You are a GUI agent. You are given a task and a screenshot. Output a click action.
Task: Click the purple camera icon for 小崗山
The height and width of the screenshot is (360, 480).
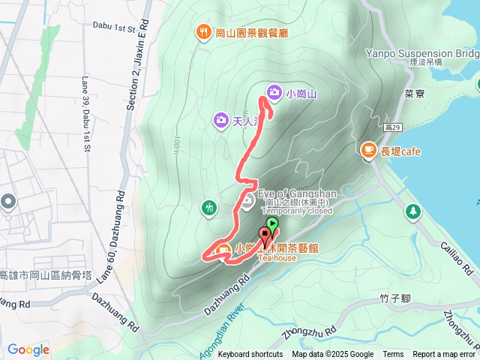274,92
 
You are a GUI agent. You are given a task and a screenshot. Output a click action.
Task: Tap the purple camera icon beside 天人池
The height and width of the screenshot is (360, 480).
221,119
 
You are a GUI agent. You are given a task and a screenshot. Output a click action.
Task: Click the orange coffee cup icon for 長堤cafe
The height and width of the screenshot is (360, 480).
368,150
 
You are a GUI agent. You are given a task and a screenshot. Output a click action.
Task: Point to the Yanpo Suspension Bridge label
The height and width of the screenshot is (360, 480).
420,53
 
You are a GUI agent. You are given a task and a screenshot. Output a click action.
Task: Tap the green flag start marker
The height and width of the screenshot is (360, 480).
271,224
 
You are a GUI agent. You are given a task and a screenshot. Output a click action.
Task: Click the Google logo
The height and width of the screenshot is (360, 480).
28,349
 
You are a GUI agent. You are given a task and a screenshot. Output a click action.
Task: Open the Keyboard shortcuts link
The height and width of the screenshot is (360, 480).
250,355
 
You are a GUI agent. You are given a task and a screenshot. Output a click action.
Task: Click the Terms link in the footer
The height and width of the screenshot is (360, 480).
393,355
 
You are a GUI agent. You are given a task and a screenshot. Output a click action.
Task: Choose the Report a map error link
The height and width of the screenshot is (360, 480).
444,355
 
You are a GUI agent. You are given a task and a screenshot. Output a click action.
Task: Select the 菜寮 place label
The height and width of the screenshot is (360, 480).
415,95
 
